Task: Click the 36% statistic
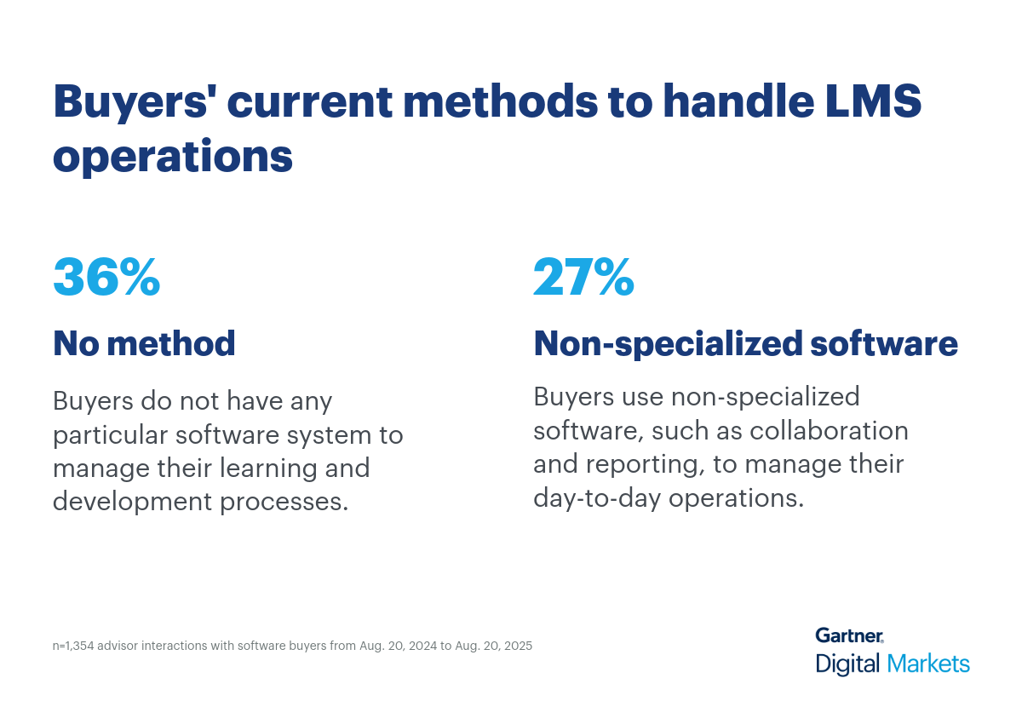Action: tap(106, 278)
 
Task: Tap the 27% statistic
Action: tap(584, 278)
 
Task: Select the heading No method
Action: tap(144, 343)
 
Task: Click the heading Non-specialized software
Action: tap(745, 343)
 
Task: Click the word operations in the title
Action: tap(173, 157)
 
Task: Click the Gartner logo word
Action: tap(849, 635)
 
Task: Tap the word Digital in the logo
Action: tap(848, 664)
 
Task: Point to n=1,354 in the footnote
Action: tap(73, 646)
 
